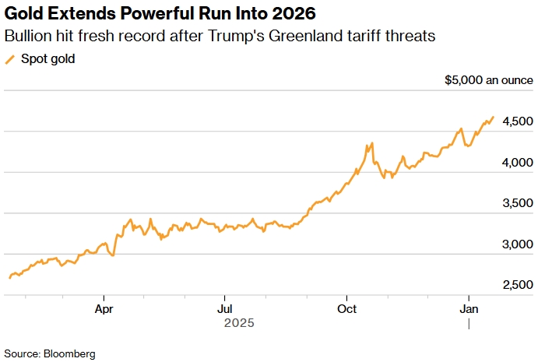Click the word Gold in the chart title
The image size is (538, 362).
[23, 14]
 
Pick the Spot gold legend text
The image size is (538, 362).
[47, 59]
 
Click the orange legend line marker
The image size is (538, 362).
[10, 59]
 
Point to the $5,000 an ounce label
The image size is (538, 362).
[488, 80]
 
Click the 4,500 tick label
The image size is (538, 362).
[518, 121]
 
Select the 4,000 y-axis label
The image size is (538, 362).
[518, 163]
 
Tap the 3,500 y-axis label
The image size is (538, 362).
[518, 204]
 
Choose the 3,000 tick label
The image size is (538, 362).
[518, 244]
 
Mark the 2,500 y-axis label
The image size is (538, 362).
[518, 286]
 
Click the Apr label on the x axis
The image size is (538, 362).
[104, 308]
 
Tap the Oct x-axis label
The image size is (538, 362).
[346, 308]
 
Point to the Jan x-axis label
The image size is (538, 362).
[469, 308]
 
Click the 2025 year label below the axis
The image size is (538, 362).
[239, 322]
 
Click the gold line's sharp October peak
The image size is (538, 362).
[373, 143]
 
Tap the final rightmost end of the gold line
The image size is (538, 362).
[493, 117]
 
